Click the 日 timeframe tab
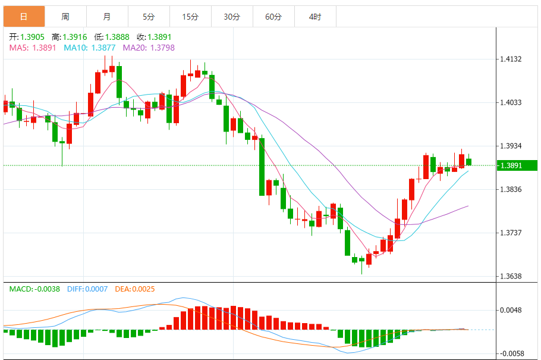pyautogui.click(x=24, y=17)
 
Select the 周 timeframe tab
pyautogui.click(x=65, y=17)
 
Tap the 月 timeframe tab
pyautogui.click(x=107, y=17)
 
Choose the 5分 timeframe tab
pyautogui.click(x=149, y=17)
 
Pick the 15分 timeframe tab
pyautogui.click(x=190, y=17)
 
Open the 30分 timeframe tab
pyautogui.click(x=232, y=17)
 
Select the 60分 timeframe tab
pyautogui.click(x=273, y=17)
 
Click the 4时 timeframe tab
pyautogui.click(x=315, y=17)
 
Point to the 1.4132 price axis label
pyautogui.click(x=511, y=60)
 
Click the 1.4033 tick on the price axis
pyautogui.click(x=511, y=103)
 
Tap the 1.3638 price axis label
pyautogui.click(x=511, y=276)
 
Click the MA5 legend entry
pyautogui.click(x=32, y=48)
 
